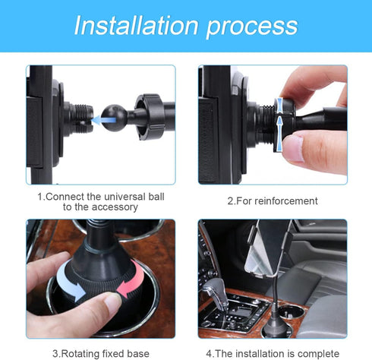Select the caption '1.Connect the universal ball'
tap(100, 196)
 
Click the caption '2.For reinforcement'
tap(273, 201)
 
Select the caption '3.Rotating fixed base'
tap(100, 353)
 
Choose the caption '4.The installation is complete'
tap(273, 353)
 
